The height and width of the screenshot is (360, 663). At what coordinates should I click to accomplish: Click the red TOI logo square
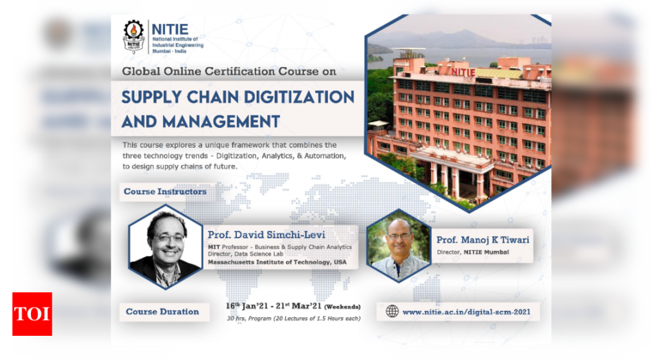32,314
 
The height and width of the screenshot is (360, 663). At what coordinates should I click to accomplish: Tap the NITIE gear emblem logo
133,36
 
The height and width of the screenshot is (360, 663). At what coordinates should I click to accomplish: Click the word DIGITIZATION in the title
299,97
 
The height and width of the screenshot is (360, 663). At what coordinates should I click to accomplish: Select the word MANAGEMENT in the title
221,122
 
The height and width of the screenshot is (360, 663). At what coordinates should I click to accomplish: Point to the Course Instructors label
165,191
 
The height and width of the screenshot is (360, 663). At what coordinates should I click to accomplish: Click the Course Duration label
162,312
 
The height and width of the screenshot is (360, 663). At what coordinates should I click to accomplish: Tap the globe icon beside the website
392,312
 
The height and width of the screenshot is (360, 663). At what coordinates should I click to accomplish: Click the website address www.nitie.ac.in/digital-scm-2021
466,312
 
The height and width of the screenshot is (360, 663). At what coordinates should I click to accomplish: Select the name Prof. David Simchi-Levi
267,235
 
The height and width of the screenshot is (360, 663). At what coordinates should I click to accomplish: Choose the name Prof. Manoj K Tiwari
483,240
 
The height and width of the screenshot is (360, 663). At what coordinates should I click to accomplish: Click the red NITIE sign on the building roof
463,73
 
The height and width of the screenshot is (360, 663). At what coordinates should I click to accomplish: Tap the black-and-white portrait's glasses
169,238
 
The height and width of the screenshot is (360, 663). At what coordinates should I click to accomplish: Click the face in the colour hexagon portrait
398,237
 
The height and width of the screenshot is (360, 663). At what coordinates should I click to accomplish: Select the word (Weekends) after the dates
343,307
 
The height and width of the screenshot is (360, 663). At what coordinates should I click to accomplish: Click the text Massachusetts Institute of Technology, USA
277,263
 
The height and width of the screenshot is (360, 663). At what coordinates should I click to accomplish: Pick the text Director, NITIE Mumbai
472,252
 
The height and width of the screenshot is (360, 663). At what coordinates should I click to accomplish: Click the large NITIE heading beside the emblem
170,29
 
